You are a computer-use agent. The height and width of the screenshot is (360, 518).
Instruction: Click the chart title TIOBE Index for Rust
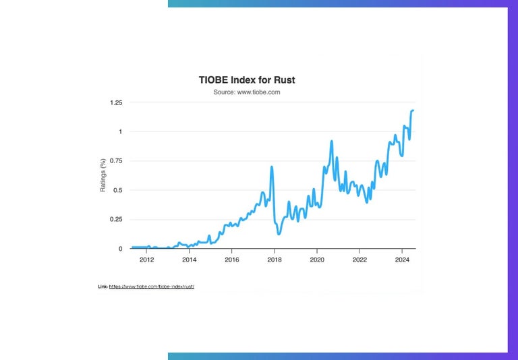point(246,80)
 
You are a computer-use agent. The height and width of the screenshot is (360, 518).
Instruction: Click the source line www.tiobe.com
point(246,92)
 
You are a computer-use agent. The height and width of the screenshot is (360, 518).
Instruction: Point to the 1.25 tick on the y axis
point(115,102)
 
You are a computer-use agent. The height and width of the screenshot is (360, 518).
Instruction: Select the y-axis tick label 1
point(120,132)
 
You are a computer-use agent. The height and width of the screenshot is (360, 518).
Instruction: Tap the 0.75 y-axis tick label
point(115,161)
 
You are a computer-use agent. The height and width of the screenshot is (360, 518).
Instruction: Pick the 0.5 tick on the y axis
point(117,190)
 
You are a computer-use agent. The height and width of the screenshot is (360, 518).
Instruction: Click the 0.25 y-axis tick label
point(115,220)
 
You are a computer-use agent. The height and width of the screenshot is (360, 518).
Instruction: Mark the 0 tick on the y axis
point(120,249)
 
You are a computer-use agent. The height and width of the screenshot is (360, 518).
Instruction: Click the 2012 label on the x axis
point(146,260)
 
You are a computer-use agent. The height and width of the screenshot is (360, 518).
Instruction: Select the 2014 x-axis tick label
point(189,260)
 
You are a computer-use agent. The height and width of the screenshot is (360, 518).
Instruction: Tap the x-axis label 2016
point(231,260)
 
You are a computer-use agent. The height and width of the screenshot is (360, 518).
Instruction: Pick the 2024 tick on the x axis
point(401,260)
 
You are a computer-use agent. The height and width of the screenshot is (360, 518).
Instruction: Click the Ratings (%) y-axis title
point(103,176)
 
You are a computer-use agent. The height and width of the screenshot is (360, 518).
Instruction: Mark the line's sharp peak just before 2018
point(272,167)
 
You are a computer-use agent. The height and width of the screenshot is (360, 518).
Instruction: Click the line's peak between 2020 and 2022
point(332,141)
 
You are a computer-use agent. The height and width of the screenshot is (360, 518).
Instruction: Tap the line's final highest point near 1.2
point(413,110)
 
